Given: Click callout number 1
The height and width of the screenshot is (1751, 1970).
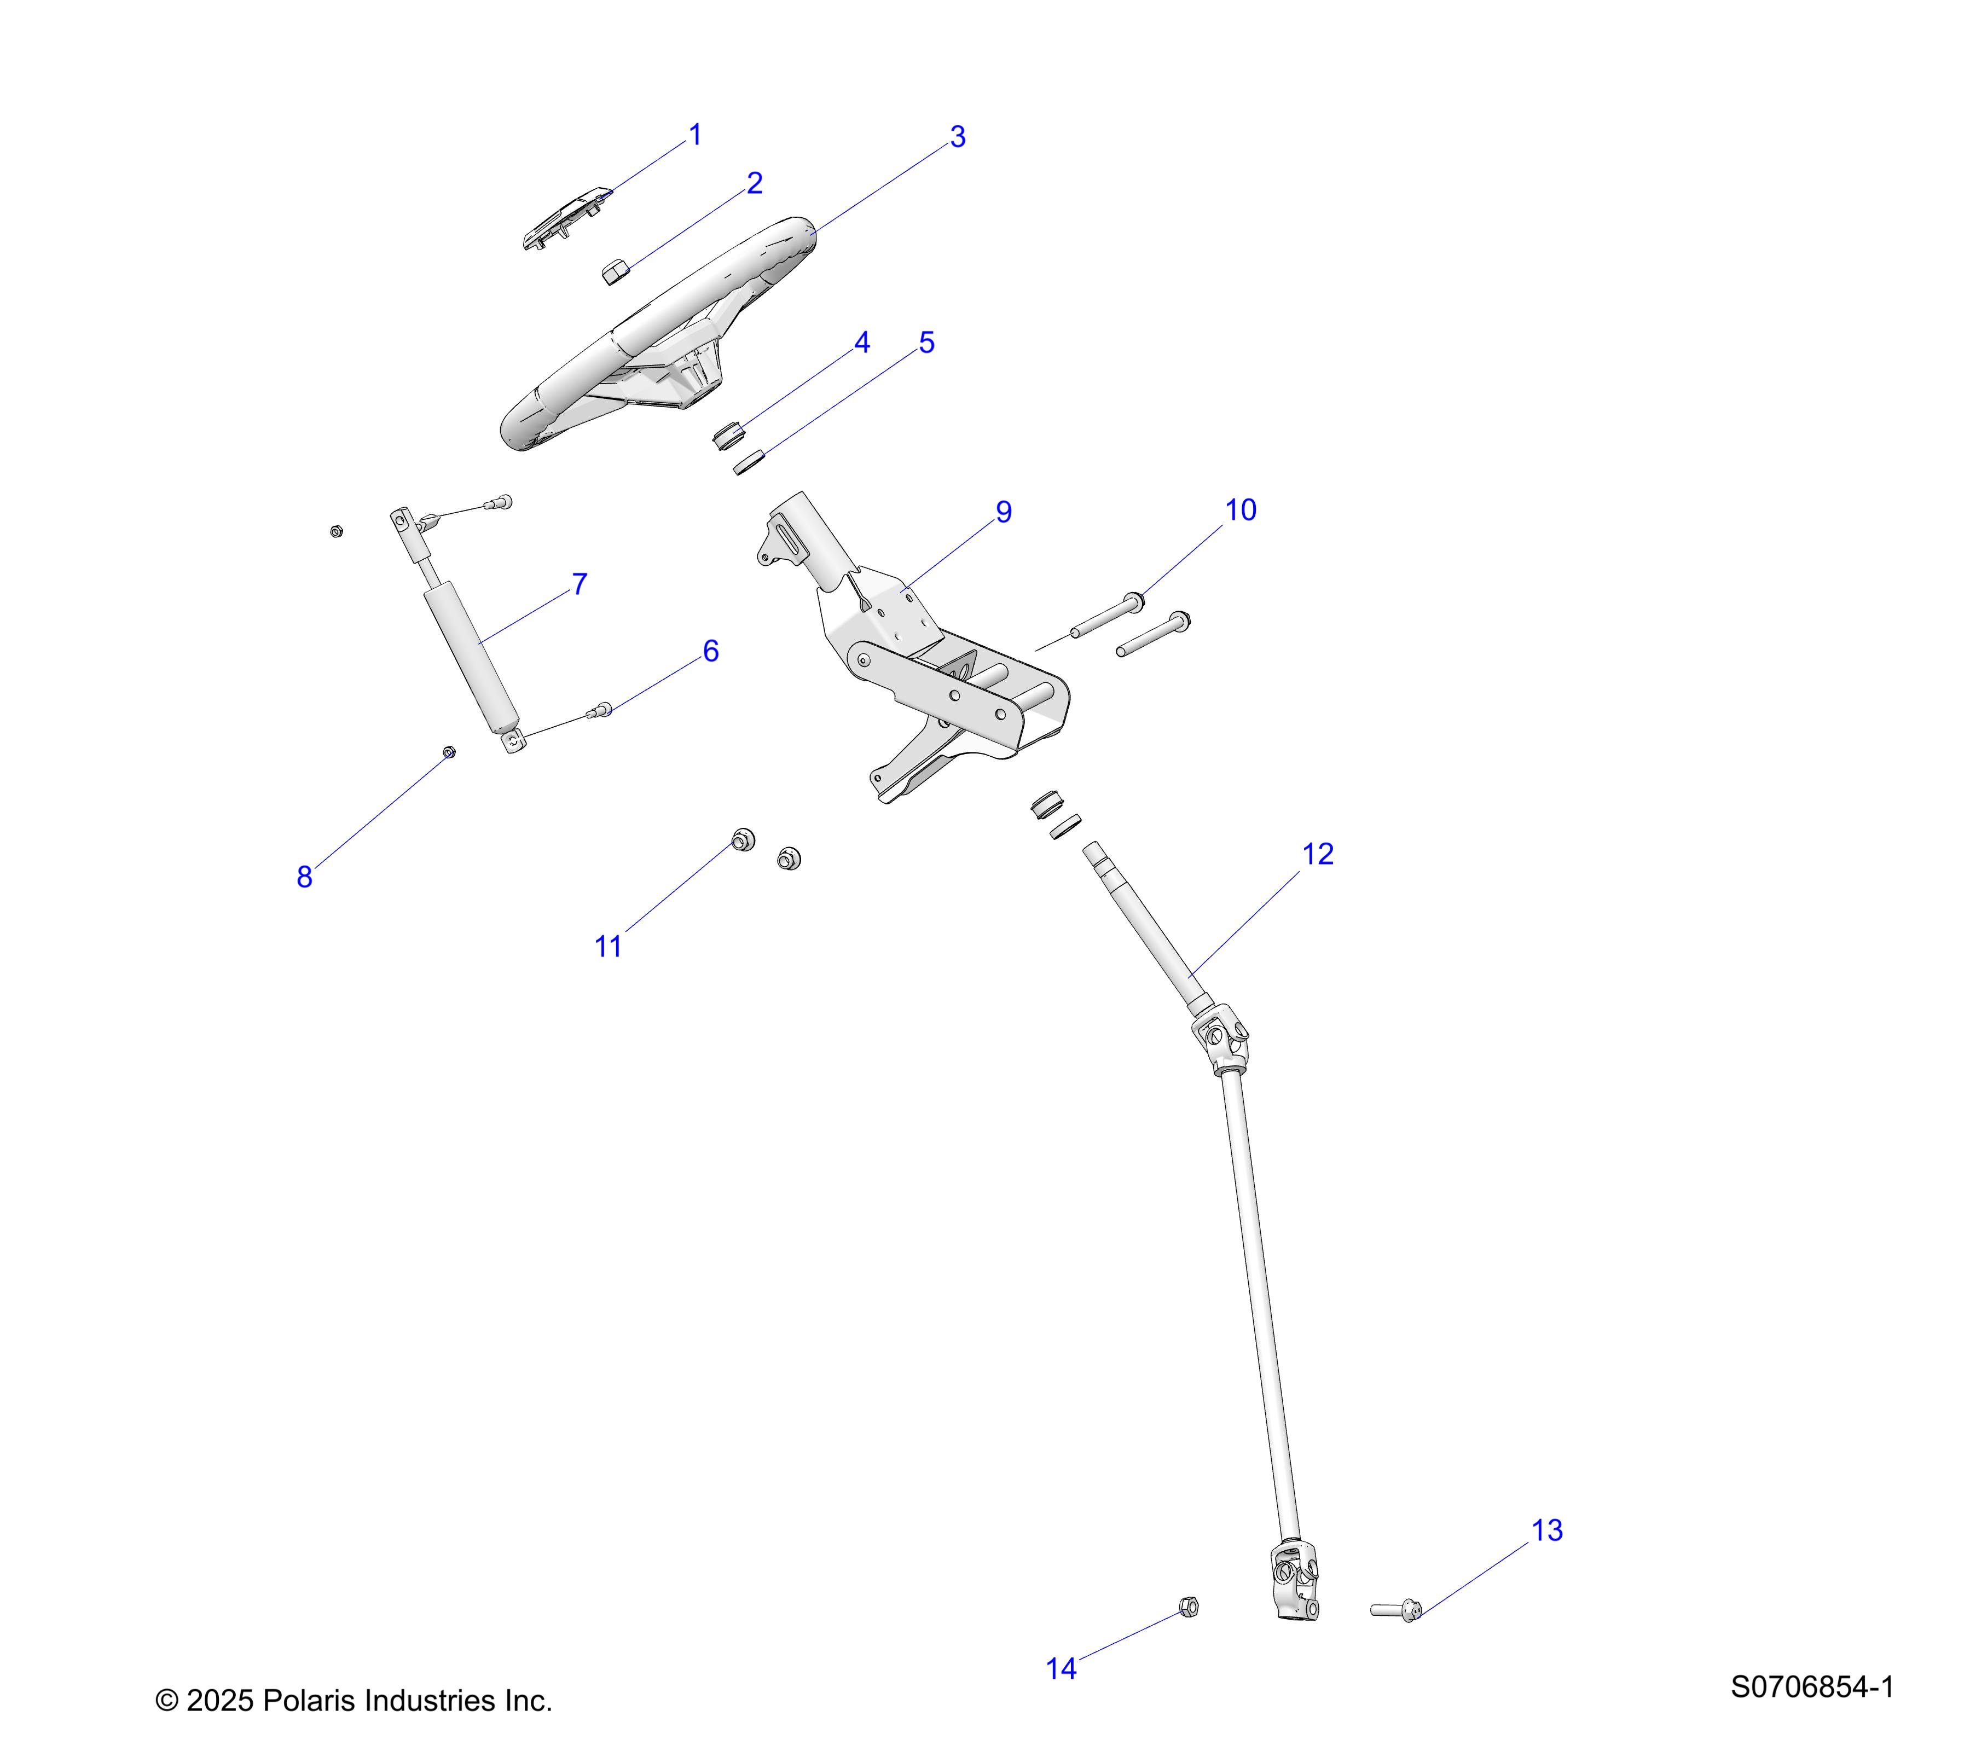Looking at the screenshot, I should pos(695,135).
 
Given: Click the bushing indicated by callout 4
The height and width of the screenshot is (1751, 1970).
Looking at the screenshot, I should pos(729,436).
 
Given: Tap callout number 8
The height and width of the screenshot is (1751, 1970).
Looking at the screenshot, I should pos(305,877).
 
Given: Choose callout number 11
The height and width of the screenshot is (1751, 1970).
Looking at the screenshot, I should pos(608,946).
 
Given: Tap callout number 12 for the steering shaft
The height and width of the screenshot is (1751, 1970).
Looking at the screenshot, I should pos(1318,854).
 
